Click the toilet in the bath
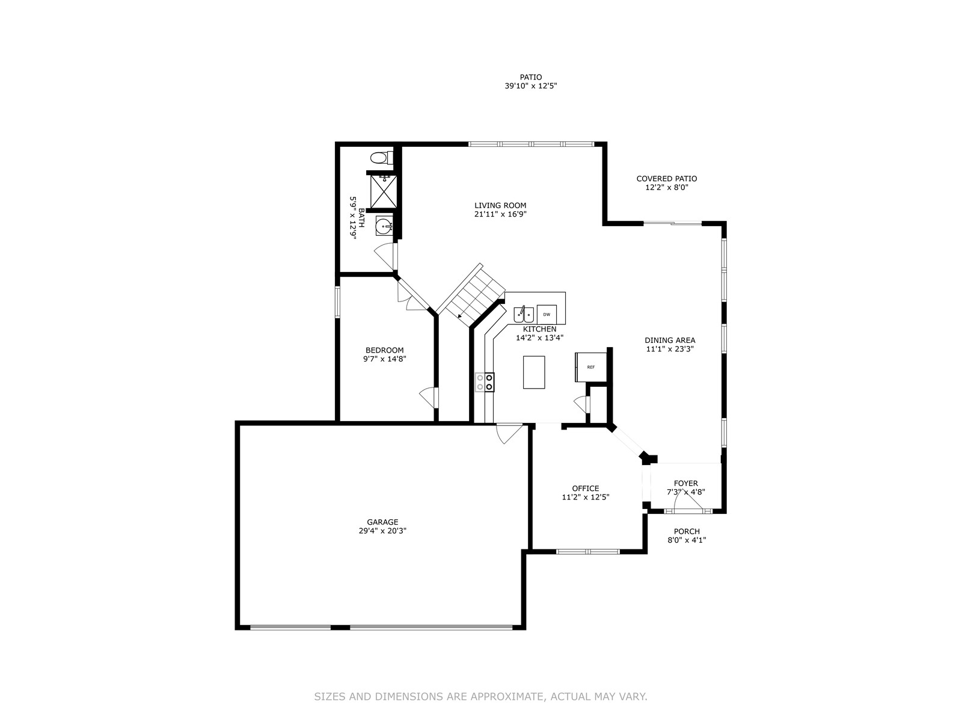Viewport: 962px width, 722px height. (x=381, y=158)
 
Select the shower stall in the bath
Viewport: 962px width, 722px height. (x=384, y=191)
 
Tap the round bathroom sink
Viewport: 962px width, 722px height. (x=384, y=227)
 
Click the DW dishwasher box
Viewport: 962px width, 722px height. (x=547, y=314)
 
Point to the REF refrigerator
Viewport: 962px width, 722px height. (x=590, y=367)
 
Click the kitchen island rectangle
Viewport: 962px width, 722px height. (x=534, y=372)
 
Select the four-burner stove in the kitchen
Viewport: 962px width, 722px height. (x=485, y=382)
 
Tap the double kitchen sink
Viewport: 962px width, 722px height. (x=524, y=314)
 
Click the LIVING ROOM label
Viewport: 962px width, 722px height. (x=500, y=205)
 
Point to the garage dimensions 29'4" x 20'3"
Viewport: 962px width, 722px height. (x=382, y=531)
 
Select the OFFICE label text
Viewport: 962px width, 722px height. (x=586, y=489)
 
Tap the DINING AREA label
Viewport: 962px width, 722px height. (x=670, y=340)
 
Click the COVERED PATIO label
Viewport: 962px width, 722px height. (x=667, y=179)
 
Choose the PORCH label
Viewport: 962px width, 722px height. (x=687, y=531)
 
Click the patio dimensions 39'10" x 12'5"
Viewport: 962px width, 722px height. (x=531, y=86)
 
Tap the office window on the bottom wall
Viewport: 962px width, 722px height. (x=588, y=552)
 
